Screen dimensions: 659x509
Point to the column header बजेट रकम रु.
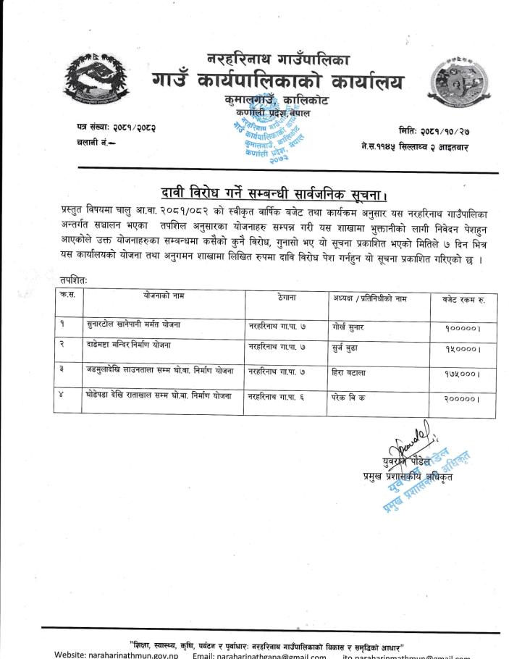(460, 298)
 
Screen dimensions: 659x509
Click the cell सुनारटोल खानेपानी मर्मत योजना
(132, 327)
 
